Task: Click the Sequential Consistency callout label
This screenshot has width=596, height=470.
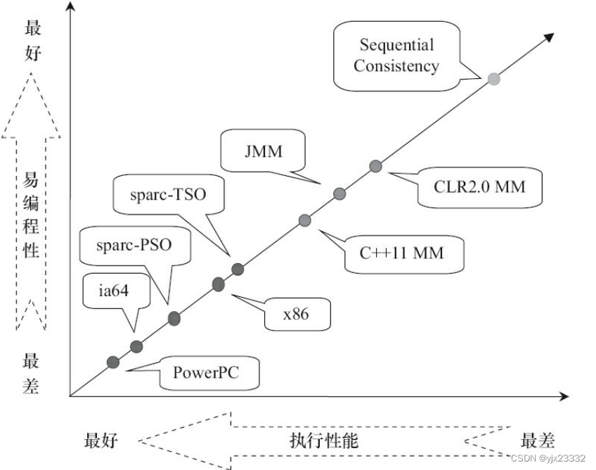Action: [396, 56]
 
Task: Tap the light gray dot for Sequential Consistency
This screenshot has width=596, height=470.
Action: [494, 79]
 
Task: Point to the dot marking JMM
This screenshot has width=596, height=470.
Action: [339, 193]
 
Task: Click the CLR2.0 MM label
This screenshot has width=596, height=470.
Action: [470, 186]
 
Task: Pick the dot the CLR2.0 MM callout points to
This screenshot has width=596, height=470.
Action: [376, 166]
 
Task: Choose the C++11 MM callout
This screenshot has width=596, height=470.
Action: [403, 251]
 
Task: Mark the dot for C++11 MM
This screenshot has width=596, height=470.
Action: [305, 220]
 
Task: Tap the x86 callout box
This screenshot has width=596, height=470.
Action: [296, 314]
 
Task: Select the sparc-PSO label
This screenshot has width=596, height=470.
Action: [134, 246]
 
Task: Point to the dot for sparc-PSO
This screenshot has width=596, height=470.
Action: [174, 319]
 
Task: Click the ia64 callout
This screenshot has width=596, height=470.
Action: [116, 288]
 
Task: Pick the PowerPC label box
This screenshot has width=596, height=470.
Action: [206, 371]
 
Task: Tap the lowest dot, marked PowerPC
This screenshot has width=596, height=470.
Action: [113, 362]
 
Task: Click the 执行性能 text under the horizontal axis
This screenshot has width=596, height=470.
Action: [323, 441]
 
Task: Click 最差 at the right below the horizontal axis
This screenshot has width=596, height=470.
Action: [538, 441]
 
